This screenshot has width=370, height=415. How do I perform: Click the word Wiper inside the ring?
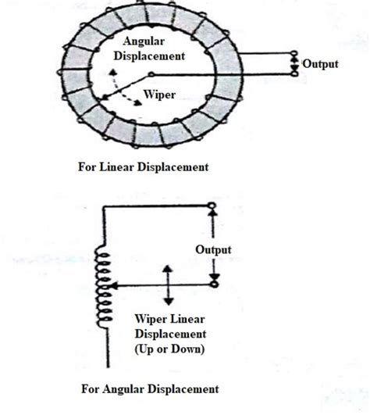pos(158,95)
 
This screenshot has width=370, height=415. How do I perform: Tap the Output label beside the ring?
pos(320,64)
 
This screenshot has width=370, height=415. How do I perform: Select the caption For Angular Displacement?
pos(149,388)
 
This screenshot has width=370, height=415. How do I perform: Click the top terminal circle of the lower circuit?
pos(212,205)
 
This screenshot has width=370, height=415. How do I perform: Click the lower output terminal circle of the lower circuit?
pos(212,287)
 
